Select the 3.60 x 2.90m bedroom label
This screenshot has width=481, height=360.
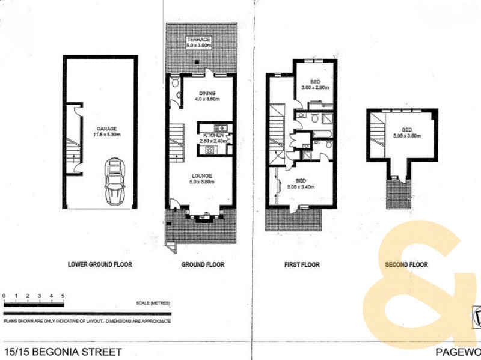pos(315,85)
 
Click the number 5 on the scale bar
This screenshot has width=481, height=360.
pos(62,296)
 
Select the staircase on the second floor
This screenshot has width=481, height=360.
pos(378,128)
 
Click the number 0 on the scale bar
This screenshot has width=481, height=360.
pos(4,296)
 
